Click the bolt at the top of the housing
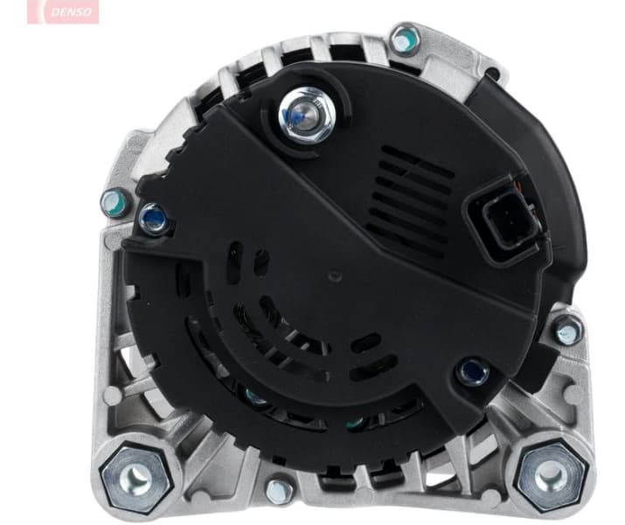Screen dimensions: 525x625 pos(403,39)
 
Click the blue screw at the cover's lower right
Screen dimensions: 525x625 pos(473,370)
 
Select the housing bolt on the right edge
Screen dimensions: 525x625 pos(569,330)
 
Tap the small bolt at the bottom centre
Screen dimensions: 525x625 pos(281,489)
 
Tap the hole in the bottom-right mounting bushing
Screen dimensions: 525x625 pos(548,475)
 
